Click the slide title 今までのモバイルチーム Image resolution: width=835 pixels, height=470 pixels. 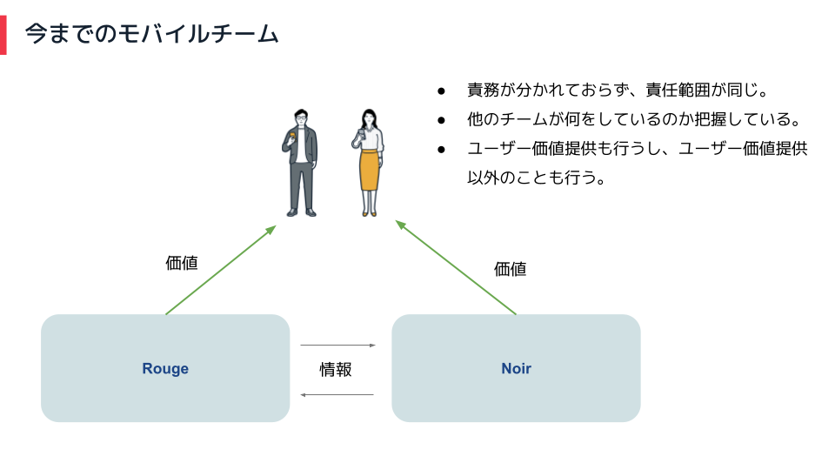point(151,34)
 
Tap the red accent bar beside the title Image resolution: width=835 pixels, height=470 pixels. point(3,35)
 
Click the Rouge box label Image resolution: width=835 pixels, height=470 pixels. point(165,368)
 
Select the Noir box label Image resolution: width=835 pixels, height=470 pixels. point(516,368)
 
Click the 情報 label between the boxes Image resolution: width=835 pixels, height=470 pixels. point(336,369)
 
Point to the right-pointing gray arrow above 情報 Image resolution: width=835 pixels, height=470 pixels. point(338,346)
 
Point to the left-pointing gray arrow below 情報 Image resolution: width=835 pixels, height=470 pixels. point(337,395)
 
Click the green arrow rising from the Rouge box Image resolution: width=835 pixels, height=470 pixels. point(220,270)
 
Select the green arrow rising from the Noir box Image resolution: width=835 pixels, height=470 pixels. point(456,267)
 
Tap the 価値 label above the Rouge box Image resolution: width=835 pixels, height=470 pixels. point(182,263)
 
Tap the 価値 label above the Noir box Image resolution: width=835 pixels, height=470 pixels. point(511,269)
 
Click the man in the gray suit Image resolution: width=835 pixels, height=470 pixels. point(300,163)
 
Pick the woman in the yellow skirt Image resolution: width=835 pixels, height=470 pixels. point(368,163)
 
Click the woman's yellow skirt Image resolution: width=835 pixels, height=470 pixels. point(370,171)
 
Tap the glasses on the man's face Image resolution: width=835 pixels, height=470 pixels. point(302,117)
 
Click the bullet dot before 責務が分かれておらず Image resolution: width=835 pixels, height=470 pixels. point(441,91)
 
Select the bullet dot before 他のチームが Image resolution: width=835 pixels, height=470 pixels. point(441,120)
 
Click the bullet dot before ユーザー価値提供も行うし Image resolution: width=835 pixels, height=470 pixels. point(441,150)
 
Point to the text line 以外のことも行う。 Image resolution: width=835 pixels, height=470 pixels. point(537,178)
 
